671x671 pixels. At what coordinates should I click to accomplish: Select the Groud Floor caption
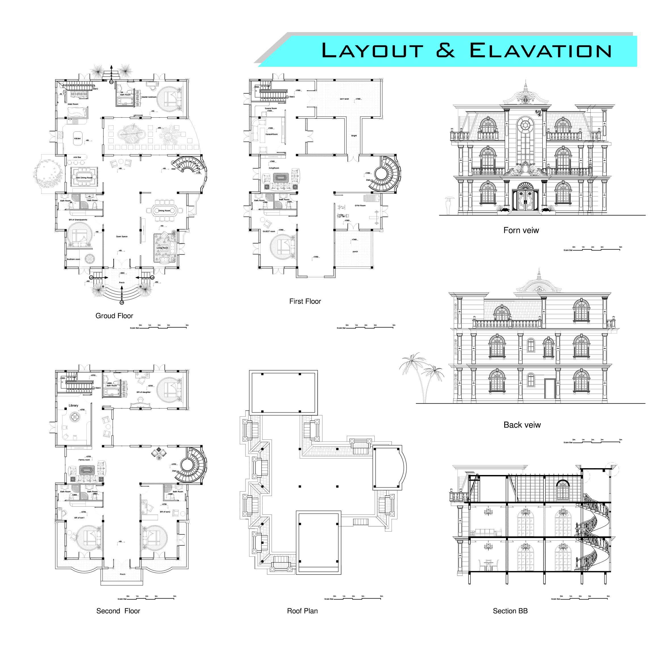[114, 316]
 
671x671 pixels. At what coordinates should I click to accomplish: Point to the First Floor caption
[305, 301]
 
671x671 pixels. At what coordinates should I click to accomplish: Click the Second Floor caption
[118, 611]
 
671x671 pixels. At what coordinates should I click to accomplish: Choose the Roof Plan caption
[302, 611]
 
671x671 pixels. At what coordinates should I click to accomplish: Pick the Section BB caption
[510, 611]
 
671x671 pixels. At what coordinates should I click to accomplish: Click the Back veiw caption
[522, 425]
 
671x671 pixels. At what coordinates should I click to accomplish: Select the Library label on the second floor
[73, 406]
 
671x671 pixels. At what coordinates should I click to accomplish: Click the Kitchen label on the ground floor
[77, 139]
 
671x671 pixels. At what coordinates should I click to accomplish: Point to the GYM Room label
[360, 206]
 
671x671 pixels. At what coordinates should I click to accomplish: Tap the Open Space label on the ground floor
[122, 237]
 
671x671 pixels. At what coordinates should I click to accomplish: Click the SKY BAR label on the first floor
[344, 99]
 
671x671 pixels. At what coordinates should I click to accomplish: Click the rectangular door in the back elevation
[549, 389]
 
